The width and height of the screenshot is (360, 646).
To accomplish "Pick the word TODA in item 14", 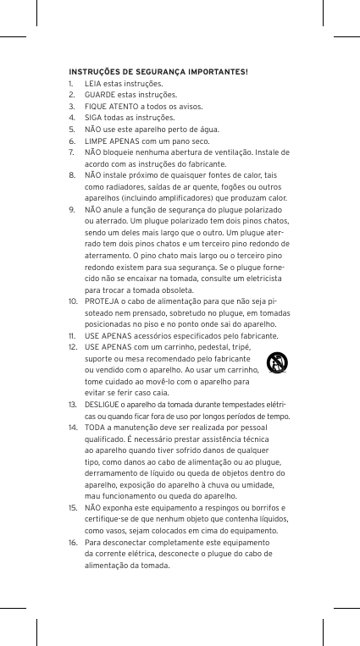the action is pos(96,429).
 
